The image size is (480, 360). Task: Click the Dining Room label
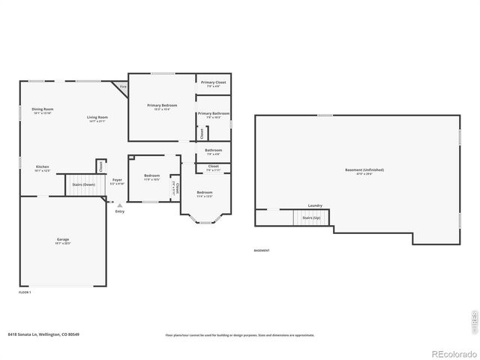click(x=42, y=109)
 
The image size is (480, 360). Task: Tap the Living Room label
click(x=97, y=117)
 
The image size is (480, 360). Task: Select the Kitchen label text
click(x=42, y=166)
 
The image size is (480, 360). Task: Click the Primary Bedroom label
click(x=161, y=106)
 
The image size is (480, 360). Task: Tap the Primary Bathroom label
click(x=213, y=114)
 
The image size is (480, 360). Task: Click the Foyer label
click(x=118, y=180)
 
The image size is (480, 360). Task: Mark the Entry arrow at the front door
click(x=119, y=205)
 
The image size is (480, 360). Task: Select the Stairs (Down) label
click(x=83, y=184)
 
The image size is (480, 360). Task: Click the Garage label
click(x=63, y=240)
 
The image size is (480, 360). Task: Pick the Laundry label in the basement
click(x=315, y=205)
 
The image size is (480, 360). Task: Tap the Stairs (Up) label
click(x=310, y=217)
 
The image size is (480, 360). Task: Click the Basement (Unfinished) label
click(x=358, y=170)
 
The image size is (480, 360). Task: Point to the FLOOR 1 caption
click(x=25, y=292)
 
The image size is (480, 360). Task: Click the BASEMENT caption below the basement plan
click(x=262, y=250)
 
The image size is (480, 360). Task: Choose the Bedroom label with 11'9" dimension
click(x=151, y=175)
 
